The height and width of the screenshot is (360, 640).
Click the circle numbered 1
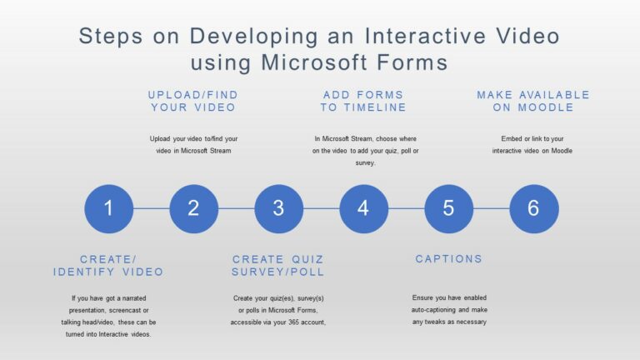[108, 208]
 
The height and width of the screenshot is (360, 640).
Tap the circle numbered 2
[194, 208]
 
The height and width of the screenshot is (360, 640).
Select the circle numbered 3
[279, 208]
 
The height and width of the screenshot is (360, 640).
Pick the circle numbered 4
[363, 208]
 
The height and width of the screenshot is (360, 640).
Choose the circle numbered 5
[449, 208]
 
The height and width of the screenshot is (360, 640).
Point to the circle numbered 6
[534, 208]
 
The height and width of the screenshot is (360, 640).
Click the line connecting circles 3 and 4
[321, 208]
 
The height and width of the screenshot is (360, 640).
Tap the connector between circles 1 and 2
[152, 208]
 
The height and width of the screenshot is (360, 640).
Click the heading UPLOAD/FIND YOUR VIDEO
[193, 101]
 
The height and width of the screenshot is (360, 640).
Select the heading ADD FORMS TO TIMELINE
[363, 101]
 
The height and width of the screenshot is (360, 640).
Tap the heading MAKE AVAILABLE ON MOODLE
[533, 101]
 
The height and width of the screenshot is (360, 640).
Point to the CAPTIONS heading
[448, 259]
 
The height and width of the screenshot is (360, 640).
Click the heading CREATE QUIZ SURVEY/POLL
[278, 266]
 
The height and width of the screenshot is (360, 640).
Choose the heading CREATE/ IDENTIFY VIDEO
[108, 266]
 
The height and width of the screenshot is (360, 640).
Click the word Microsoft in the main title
[314, 62]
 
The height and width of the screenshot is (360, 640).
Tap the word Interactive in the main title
[425, 36]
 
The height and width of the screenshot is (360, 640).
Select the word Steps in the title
[111, 37]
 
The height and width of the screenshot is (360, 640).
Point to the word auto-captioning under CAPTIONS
[433, 310]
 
